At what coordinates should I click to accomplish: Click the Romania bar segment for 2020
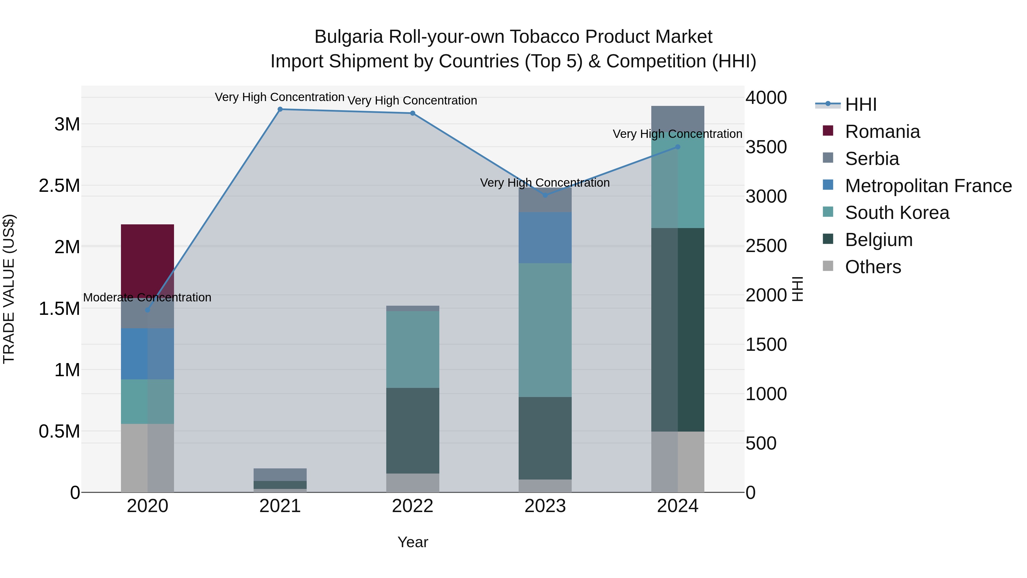tap(147, 259)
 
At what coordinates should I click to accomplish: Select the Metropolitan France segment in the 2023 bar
tap(545, 238)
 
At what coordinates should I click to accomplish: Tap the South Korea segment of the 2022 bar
tap(413, 349)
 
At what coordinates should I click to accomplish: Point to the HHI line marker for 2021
tap(280, 109)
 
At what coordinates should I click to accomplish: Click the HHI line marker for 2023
tap(545, 195)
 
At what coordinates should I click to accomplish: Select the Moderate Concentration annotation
tap(147, 298)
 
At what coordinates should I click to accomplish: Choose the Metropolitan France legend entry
tap(928, 186)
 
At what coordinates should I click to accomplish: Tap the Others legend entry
tap(873, 267)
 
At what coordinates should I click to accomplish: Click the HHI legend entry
tap(860, 104)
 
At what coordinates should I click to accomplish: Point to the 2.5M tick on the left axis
tap(59, 186)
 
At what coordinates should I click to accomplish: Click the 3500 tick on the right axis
tap(766, 147)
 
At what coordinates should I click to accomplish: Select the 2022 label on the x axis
tap(413, 506)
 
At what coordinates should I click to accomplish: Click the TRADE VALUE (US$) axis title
tap(9, 289)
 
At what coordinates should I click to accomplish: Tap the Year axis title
tap(413, 542)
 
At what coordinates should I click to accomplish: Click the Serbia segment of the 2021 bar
tap(280, 474)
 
